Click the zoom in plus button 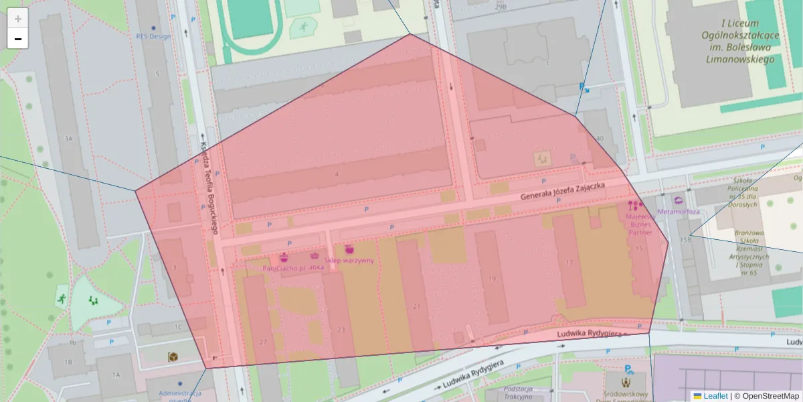coord(18,19)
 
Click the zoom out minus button coord(18,39)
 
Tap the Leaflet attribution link coord(715,396)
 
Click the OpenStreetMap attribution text coord(766,396)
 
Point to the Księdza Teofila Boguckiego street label coord(209,188)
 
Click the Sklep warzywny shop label coord(349,260)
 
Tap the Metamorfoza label coord(679,212)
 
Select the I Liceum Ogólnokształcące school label coord(739,40)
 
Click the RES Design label coord(153,36)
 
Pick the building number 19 coord(493,279)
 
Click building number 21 coord(416,306)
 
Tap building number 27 coord(263,342)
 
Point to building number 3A coord(68,139)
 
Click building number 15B coord(685,239)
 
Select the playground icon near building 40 coord(542,158)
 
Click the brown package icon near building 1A coord(173,357)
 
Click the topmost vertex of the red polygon coord(410,34)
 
